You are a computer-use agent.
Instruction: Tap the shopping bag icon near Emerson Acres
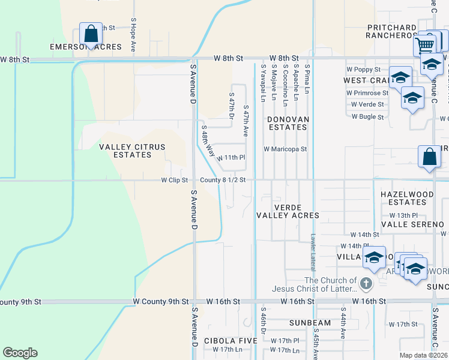coord(91,34)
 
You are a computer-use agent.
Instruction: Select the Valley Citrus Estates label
coord(125,151)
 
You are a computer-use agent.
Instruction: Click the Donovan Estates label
coord(288,123)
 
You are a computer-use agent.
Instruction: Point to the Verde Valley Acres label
coord(288,211)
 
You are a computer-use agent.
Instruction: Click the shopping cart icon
coord(425,44)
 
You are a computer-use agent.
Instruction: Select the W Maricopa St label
coord(285,149)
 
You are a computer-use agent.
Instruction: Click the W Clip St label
coord(175,180)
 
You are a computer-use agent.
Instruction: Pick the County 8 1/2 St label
coord(221,180)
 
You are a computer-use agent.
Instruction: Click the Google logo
coord(20,353)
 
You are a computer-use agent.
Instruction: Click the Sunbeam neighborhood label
coord(310,323)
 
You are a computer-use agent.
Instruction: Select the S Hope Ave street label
coord(133,36)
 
